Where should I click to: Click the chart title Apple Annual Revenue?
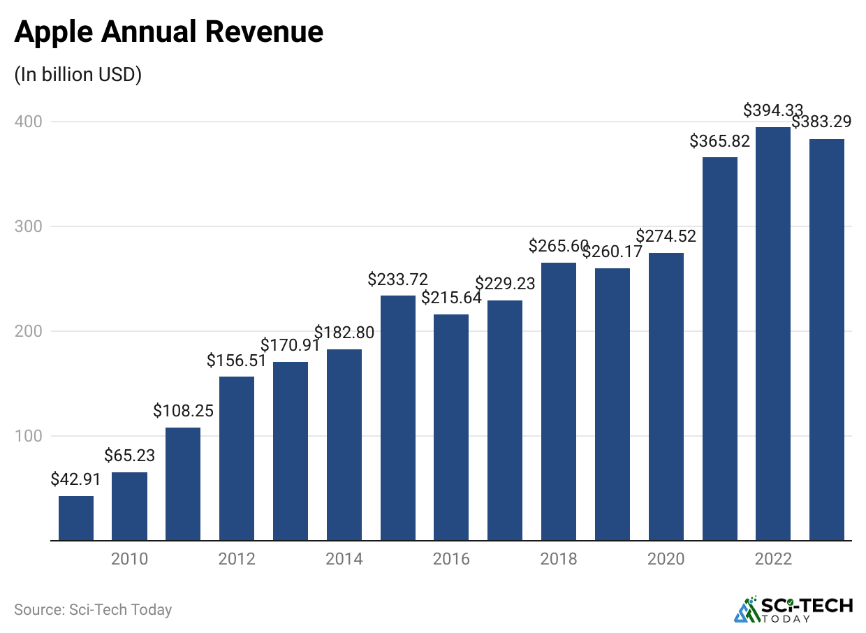[168, 32]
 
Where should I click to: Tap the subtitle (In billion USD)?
[78, 75]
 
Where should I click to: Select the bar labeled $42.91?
[76, 518]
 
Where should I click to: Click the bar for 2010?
[129, 507]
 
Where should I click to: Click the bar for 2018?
[559, 402]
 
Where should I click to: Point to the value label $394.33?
[773, 110]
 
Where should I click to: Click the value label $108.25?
[183, 411]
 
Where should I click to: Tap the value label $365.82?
[719, 140]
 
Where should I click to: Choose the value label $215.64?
[451, 298]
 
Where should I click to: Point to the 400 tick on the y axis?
[28, 122]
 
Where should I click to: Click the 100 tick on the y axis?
[28, 436]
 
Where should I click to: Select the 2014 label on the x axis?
[344, 559]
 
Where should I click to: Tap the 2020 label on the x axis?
[666, 559]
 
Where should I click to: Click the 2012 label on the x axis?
[237, 559]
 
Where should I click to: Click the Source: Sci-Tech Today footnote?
[93, 610]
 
